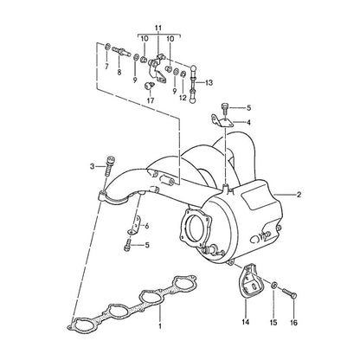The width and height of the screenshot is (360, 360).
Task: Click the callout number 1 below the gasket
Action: pos(160,326)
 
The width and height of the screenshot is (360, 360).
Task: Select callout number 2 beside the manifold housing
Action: pos(299,195)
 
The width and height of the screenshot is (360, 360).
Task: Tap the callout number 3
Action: pos(92,166)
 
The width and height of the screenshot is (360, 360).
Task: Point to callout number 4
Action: pos(248,122)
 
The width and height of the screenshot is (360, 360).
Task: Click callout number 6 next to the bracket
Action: pos(147,226)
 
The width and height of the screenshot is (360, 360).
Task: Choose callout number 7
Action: pos(106,67)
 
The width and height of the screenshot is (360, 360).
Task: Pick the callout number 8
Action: pos(119,73)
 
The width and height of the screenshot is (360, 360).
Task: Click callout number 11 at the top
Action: pos(158,28)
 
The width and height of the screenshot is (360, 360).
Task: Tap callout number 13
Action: pos(209,83)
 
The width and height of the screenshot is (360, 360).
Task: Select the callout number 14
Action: pos(246,322)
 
